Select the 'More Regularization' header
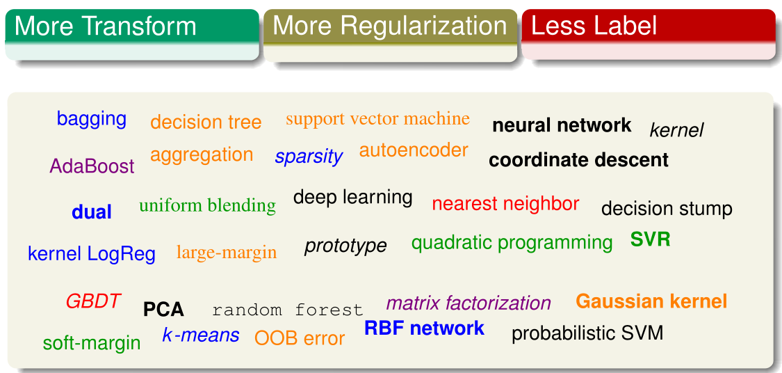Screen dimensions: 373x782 pyautogui.click(x=389, y=26)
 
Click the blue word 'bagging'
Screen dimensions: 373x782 pyautogui.click(x=92, y=118)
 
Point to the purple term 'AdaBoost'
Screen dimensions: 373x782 pyautogui.click(x=92, y=166)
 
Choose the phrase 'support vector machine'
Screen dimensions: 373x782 pyautogui.click(x=377, y=119)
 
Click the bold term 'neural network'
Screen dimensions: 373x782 pyautogui.click(x=562, y=126)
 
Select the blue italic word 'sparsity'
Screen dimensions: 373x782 pyautogui.click(x=309, y=157)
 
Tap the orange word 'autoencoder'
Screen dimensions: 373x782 pyautogui.click(x=414, y=150)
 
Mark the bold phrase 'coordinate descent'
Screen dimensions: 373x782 pyautogui.click(x=578, y=160)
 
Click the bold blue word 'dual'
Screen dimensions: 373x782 pyautogui.click(x=92, y=212)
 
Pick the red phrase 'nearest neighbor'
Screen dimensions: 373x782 pyautogui.click(x=505, y=204)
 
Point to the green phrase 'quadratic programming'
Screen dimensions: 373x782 pyautogui.click(x=512, y=243)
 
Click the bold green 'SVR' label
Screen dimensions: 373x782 pyautogui.click(x=650, y=240)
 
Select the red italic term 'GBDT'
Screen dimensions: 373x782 pyautogui.click(x=93, y=301)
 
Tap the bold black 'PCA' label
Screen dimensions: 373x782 pyautogui.click(x=163, y=310)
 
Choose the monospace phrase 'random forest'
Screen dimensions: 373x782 pyautogui.click(x=287, y=310)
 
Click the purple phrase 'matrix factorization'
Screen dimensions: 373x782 pyautogui.click(x=469, y=303)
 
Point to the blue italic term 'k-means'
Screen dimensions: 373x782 pyautogui.click(x=201, y=335)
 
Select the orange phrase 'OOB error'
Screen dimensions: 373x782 pyautogui.click(x=300, y=339)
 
